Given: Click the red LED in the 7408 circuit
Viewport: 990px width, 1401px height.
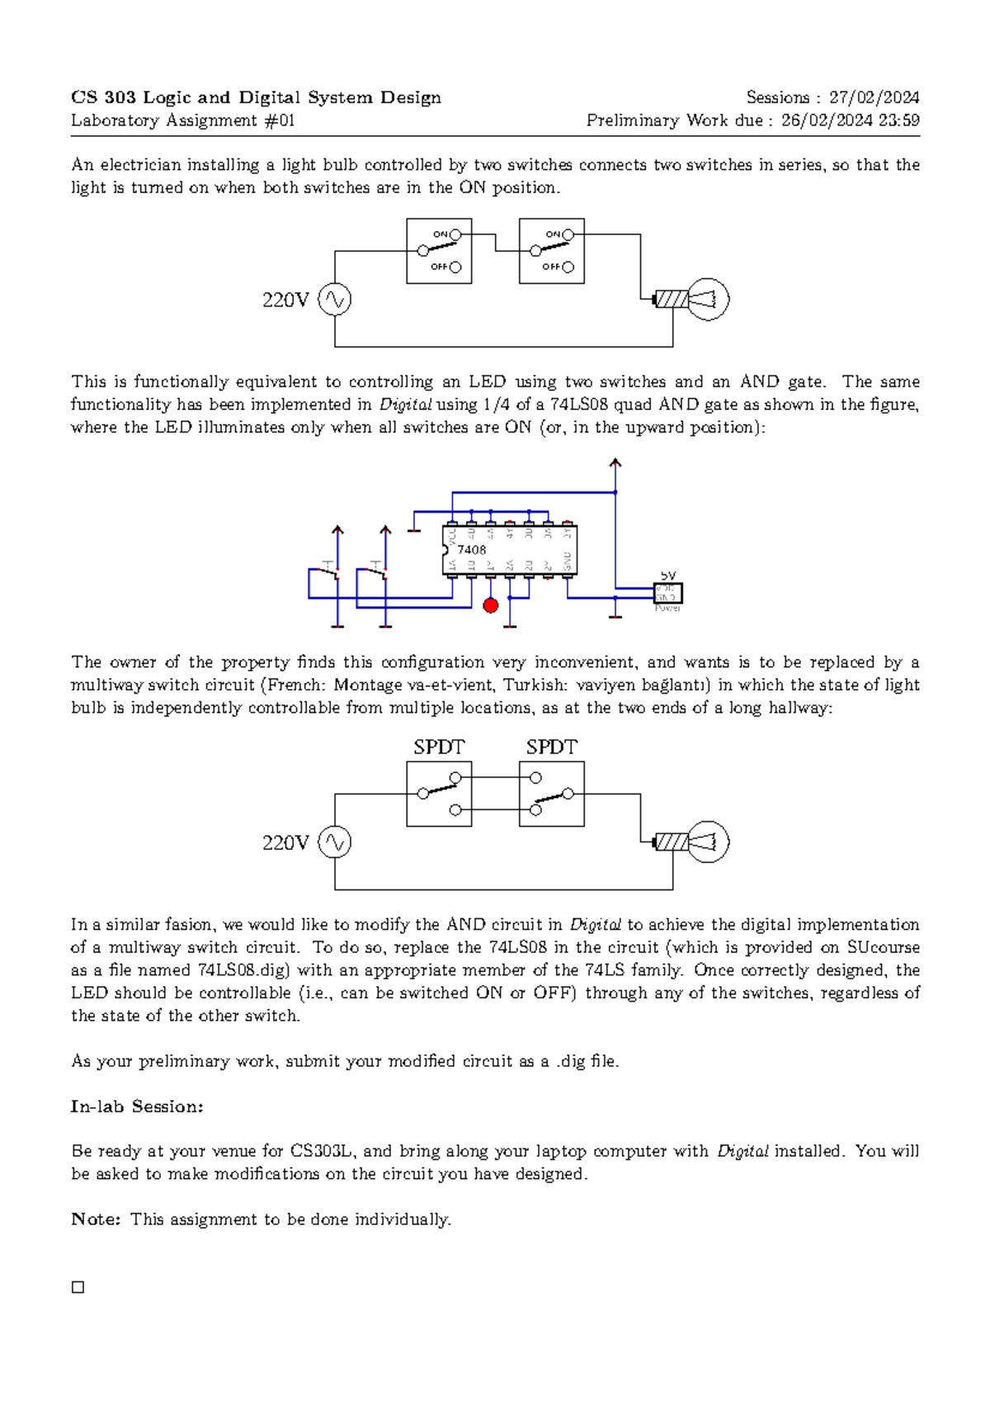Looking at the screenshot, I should [490, 606].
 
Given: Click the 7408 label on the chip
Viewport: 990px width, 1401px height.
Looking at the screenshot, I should [472, 550].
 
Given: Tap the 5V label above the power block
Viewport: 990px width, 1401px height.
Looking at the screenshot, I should [667, 575].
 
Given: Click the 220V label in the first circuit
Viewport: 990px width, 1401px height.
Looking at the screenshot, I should [285, 300].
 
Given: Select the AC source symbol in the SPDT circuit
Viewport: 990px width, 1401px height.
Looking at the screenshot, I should [335, 842].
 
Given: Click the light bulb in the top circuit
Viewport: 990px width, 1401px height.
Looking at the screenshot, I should [708, 300].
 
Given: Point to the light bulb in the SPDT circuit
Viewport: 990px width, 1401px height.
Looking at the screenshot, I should [708, 842].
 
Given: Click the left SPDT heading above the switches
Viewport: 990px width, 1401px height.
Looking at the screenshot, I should [439, 748].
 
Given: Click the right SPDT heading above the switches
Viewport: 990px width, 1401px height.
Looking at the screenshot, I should [551, 748].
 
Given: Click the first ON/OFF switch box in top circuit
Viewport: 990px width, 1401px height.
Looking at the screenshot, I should [439, 251].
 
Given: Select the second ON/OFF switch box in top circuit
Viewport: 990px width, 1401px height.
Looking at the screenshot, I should [551, 251].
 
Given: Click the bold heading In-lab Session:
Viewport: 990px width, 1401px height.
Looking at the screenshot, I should [137, 1106].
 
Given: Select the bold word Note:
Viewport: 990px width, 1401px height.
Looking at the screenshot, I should [97, 1219].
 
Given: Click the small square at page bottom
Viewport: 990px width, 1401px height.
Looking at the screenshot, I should [78, 1287].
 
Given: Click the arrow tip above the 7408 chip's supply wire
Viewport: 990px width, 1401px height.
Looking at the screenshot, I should [615, 463].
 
